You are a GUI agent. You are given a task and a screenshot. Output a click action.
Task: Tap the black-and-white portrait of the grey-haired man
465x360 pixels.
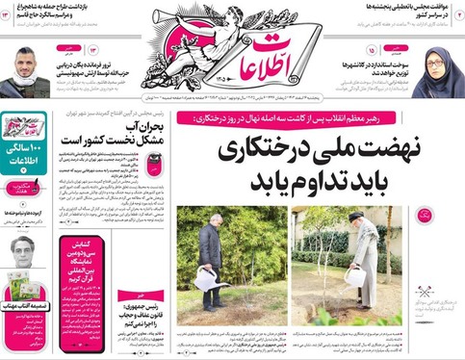(25, 253)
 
